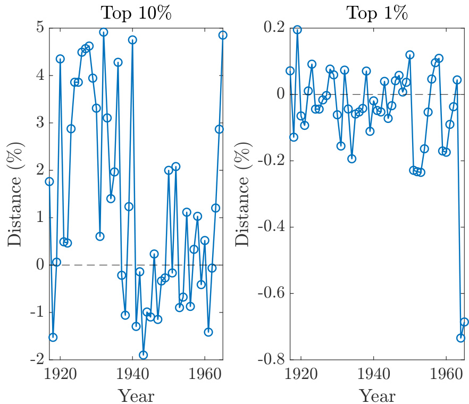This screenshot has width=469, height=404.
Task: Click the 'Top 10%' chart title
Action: [x=136, y=13]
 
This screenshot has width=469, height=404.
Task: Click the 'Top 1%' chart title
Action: [x=376, y=13]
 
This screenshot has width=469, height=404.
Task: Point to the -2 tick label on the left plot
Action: [x=36, y=360]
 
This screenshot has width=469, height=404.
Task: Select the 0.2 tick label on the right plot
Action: [x=275, y=28]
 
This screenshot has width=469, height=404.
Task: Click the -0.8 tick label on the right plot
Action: [x=271, y=360]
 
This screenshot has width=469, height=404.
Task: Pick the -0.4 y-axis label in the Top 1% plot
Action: [x=271, y=227]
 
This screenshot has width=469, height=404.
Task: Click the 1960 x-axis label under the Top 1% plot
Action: [x=446, y=374]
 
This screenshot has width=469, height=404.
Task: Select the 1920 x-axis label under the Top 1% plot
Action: [x=301, y=374]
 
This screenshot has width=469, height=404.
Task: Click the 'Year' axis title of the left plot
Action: [x=136, y=395]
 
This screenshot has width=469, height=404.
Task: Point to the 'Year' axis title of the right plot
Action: [x=377, y=395]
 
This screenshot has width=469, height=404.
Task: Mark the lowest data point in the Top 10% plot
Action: [x=143, y=355]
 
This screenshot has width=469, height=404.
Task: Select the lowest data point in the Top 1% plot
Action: [x=460, y=338]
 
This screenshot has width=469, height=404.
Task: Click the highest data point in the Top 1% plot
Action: [x=297, y=30]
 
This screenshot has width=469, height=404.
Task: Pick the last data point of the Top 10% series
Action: [x=223, y=35]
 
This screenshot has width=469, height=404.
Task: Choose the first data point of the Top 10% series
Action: [x=49, y=182]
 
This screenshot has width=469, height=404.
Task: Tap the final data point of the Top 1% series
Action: [x=464, y=322]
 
